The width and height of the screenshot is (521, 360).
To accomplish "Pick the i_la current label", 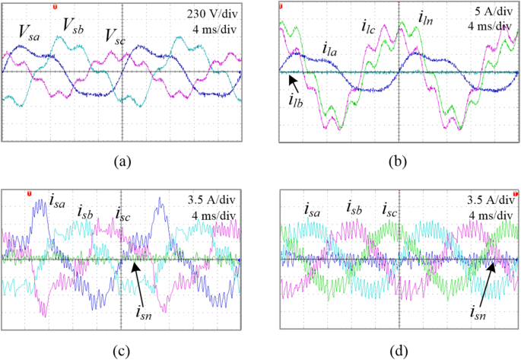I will pyautogui.click(x=329, y=49).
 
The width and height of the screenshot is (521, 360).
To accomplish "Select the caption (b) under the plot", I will pyautogui.click(x=399, y=161).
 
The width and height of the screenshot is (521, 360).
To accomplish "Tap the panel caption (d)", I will pyautogui.click(x=399, y=350).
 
